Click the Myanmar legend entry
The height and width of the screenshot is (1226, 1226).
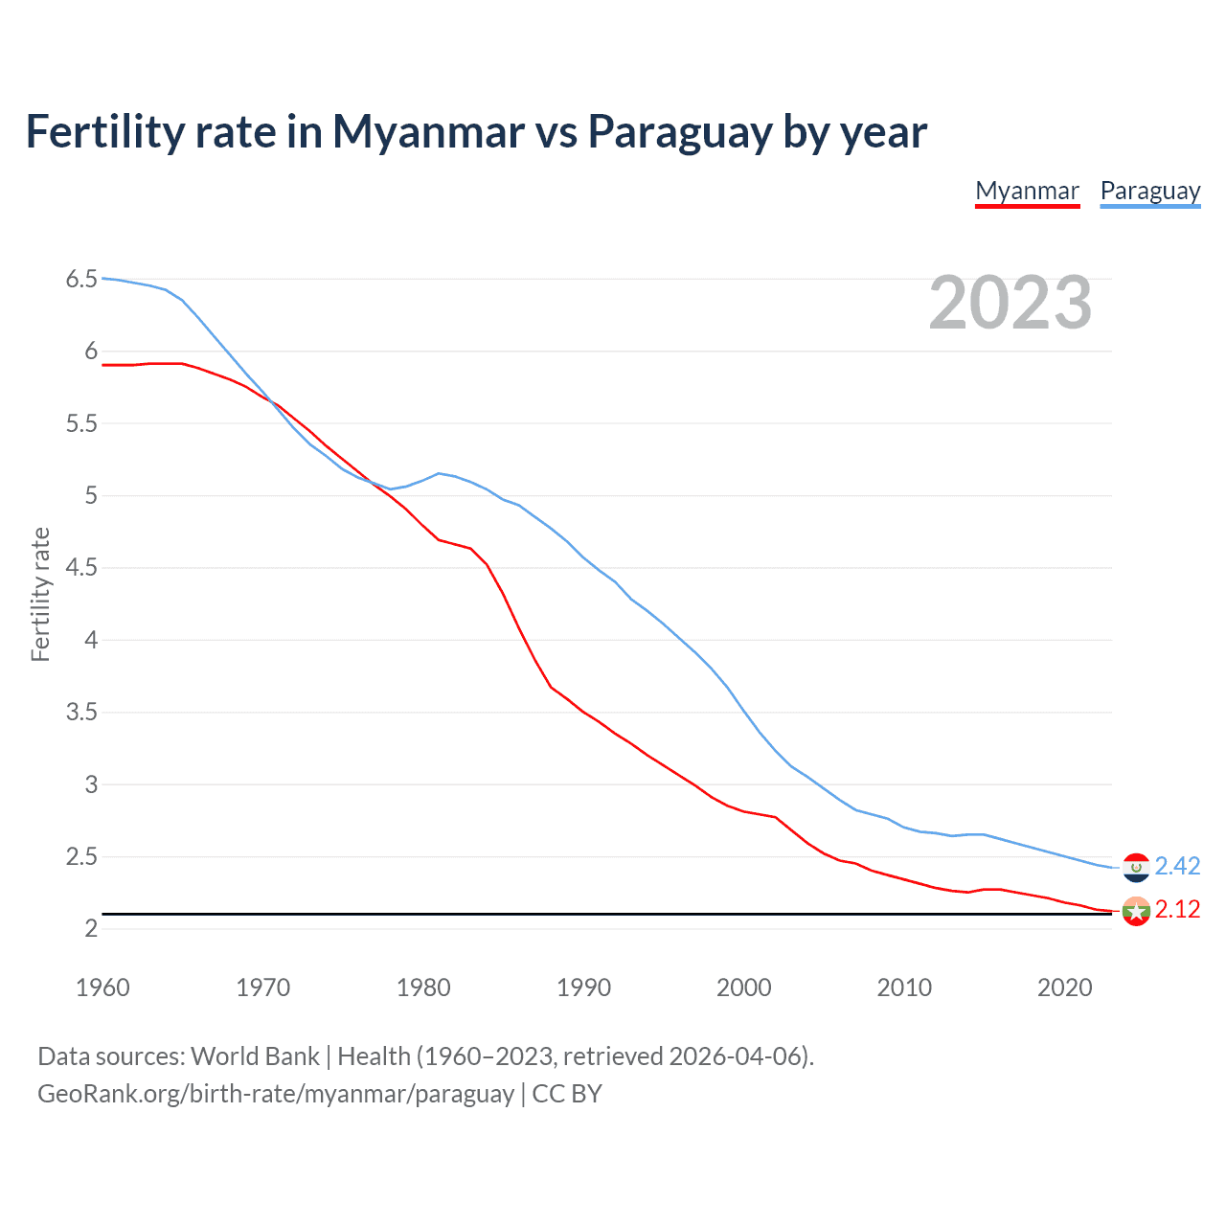click(1027, 191)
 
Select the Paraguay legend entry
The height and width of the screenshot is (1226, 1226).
click(1149, 191)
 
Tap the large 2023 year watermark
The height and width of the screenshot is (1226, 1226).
click(1010, 303)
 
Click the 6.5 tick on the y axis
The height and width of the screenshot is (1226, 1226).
click(81, 279)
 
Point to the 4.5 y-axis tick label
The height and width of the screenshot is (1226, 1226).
click(81, 568)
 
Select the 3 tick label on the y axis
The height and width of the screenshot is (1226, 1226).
click(91, 784)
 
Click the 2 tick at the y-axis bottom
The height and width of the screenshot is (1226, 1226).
click(91, 928)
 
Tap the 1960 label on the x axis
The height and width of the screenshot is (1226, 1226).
click(102, 988)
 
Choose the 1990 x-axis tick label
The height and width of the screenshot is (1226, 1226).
click(583, 988)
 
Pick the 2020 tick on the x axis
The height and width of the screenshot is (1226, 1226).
click(1064, 988)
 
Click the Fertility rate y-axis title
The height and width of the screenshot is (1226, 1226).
click(40, 594)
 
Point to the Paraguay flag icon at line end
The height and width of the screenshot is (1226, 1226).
click(1136, 867)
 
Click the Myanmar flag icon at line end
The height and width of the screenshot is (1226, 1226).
click(1136, 911)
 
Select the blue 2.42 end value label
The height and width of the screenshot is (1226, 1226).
click(1177, 866)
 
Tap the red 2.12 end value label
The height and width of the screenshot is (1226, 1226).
click(1177, 909)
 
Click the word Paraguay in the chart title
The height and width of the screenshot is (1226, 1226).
click(679, 131)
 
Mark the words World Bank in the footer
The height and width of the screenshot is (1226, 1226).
click(255, 1056)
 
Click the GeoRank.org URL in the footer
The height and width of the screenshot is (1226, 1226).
click(276, 1093)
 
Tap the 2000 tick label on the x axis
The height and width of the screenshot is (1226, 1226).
click(743, 988)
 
